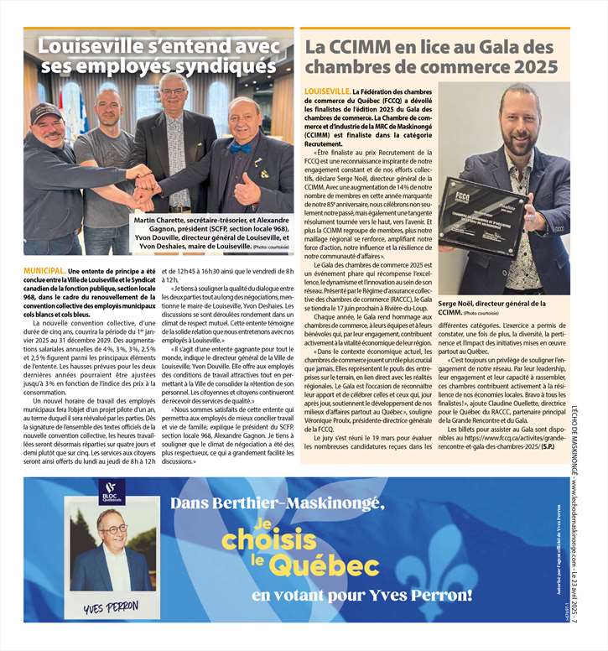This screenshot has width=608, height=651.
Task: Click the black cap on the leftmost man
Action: coord(46,111)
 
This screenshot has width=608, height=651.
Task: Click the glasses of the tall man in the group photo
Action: coord(174,91)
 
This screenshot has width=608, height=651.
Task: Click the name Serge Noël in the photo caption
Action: coord(459,303)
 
